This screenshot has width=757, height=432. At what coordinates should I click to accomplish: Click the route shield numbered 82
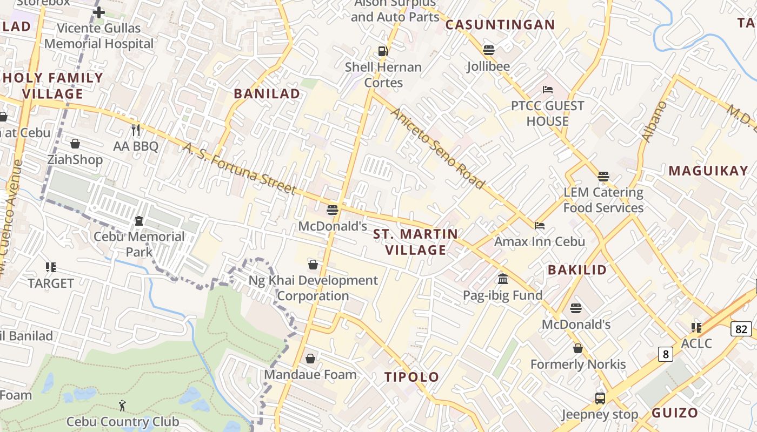741,328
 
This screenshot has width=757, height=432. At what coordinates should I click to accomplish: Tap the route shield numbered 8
666,354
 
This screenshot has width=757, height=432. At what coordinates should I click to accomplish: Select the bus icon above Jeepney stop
600,399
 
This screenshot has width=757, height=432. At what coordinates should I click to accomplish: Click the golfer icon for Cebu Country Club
122,405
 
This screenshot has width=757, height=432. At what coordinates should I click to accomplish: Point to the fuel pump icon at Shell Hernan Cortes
383,51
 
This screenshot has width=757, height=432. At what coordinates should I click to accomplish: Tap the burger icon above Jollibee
489,50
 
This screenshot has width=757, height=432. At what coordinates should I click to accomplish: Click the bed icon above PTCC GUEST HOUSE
547,89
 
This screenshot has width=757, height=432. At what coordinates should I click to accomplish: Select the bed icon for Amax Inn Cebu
539,225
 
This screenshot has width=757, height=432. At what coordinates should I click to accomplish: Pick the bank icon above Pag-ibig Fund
503,279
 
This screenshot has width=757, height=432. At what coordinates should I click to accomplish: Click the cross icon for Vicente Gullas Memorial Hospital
99,12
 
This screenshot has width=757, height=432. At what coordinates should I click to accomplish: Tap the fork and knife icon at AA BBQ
136,130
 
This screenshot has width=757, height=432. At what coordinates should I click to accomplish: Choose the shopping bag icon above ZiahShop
75,144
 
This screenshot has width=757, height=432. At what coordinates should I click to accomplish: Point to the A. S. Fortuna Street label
238,168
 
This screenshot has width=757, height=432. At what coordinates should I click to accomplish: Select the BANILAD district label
267,93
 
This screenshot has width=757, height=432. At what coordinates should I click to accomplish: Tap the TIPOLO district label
411,377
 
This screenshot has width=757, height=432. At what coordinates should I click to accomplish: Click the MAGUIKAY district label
708,171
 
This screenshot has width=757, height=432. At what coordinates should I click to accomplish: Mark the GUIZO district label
675,413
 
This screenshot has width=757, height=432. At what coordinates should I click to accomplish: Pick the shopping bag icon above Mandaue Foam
310,359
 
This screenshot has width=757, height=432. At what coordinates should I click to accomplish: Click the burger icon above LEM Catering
603,177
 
